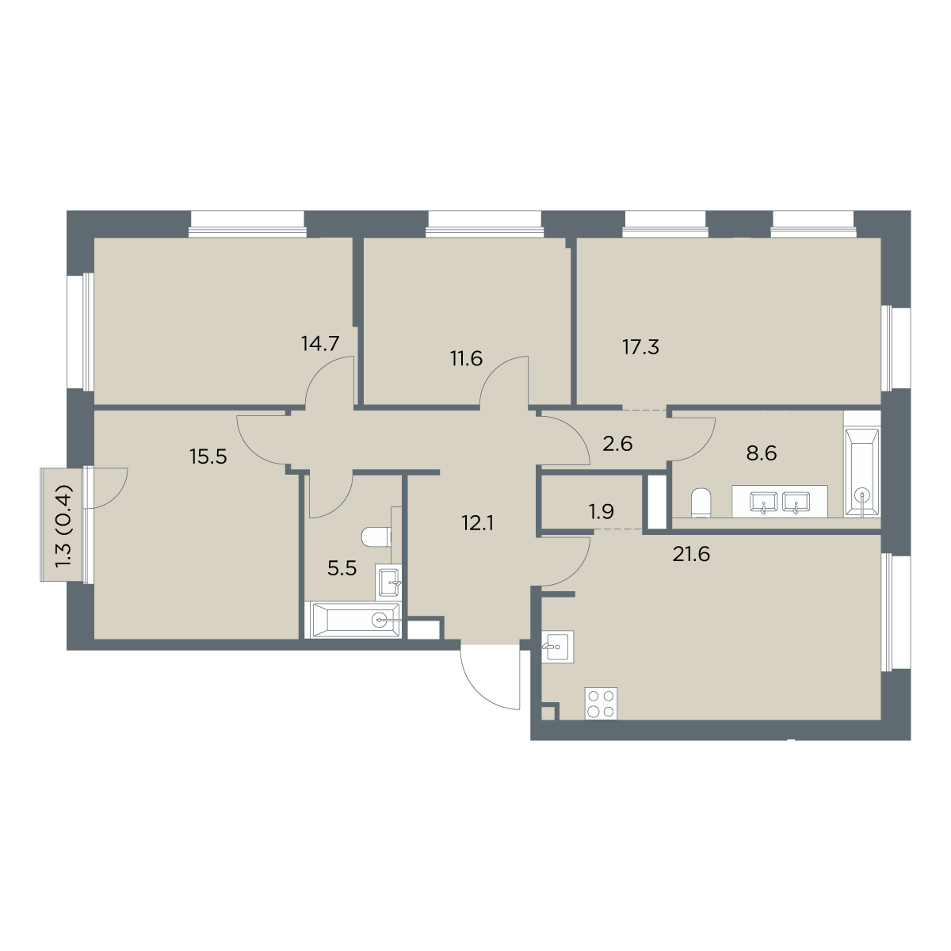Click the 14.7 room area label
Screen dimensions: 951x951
tap(320, 343)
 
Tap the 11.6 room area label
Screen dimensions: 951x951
tap(466, 358)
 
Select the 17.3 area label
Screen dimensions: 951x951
tap(640, 347)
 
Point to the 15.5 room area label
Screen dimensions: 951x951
tap(208, 456)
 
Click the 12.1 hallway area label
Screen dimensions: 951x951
tap(477, 523)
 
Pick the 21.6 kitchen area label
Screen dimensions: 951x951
tap(691, 555)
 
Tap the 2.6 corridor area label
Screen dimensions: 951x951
tap(617, 444)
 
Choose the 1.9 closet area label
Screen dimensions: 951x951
tap(601, 512)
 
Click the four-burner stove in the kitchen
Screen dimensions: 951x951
tap(601, 703)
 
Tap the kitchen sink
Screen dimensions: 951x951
tap(557, 646)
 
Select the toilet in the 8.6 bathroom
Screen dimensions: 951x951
tap(701, 503)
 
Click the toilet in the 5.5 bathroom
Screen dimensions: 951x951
tap(376, 537)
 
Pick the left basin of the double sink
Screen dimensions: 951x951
tap(763, 502)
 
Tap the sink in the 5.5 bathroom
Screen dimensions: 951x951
tap(389, 582)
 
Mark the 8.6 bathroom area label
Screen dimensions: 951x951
tap(762, 453)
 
